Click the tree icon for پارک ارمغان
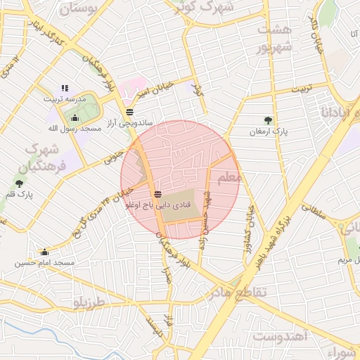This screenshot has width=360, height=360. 267,120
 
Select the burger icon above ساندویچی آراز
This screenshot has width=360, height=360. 129,112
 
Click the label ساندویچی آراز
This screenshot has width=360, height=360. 129,123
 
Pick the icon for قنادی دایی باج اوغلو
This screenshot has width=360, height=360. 157,193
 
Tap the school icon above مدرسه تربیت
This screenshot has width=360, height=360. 65,88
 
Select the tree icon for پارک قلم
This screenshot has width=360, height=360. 19,184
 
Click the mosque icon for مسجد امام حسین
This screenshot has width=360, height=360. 45,252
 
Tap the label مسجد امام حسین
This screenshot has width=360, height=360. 44,263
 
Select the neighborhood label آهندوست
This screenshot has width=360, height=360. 281,336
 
